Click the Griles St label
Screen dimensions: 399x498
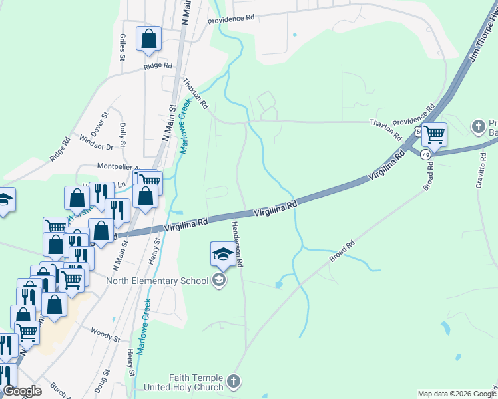pos(123,47)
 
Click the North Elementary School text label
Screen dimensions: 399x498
pos(157,281)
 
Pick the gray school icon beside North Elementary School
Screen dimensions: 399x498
pos(218,281)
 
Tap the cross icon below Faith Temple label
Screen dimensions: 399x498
pos(233,381)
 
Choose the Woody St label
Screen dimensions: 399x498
pos(105,334)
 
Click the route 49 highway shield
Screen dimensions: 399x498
pos(424,154)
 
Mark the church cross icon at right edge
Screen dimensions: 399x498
pos(477,126)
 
